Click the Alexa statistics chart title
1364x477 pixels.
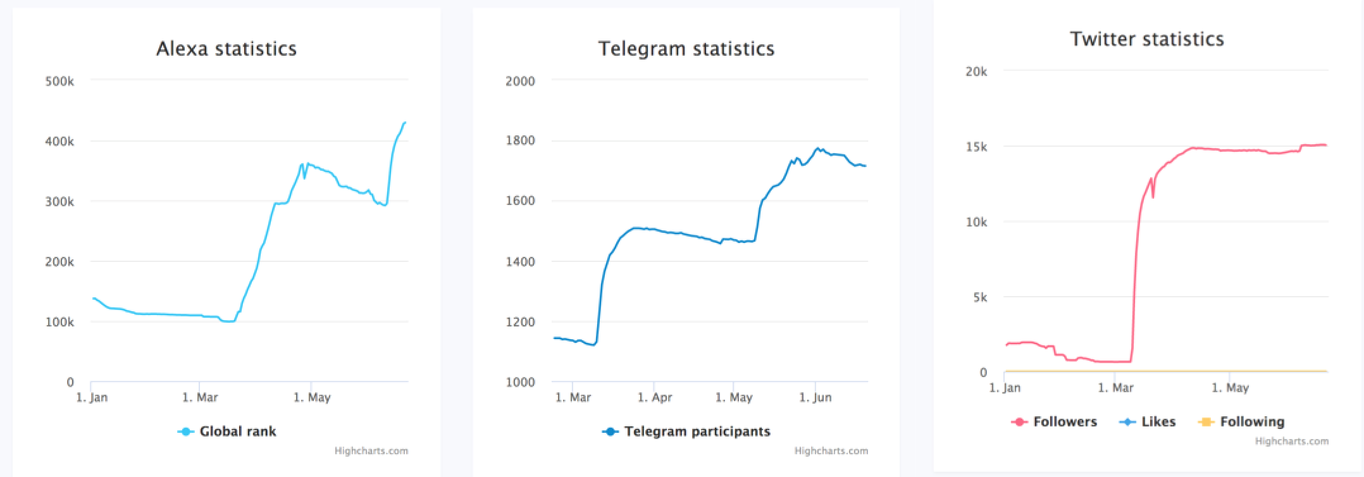226,49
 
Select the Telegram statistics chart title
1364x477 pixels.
686,49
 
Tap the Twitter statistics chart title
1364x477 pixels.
1146,39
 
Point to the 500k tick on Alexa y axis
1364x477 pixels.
60,82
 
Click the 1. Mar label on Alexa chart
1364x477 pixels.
200,397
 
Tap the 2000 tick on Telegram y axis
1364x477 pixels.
520,82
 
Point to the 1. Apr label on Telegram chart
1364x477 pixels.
654,397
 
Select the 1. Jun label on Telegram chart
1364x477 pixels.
815,397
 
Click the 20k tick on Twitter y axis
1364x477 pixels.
976,72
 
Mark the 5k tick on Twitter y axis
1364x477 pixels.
979,297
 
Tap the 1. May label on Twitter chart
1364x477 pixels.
1230,388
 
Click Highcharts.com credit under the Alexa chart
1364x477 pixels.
371,451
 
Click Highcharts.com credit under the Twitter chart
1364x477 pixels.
1291,442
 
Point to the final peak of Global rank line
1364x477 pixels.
404,122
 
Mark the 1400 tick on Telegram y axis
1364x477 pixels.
520,261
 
